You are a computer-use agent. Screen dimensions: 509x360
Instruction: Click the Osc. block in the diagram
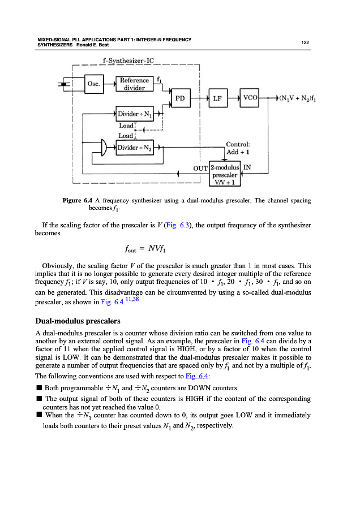[x=94, y=85]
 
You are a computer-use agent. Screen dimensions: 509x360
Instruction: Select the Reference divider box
[x=135, y=84]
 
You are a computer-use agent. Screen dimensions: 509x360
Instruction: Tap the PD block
[x=180, y=98]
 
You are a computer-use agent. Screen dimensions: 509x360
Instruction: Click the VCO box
[x=250, y=98]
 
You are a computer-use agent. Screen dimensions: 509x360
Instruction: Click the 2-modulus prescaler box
[x=225, y=174]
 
